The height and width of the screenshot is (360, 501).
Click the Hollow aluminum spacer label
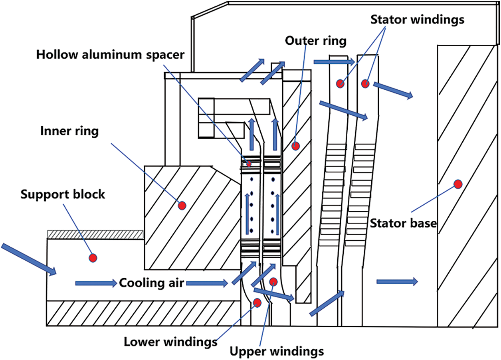(110, 54)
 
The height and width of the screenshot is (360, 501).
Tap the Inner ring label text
(69, 131)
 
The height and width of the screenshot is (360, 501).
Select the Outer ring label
(316, 40)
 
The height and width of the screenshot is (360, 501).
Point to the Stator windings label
(418, 19)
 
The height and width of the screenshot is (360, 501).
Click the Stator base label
(403, 223)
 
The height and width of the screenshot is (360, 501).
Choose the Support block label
(63, 195)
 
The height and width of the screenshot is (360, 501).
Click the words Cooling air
(152, 283)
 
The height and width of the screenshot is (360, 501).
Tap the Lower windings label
(170, 342)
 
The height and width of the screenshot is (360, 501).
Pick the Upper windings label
(277, 352)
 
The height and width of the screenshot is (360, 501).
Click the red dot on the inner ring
(182, 206)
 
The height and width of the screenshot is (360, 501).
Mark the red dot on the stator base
(457, 184)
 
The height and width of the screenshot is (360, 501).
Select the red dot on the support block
(93, 258)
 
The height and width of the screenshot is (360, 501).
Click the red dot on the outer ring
(295, 146)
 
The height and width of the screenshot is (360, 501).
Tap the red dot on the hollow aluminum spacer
(249, 163)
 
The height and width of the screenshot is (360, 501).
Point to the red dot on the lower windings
(257, 304)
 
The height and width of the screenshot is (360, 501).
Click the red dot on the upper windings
(273, 282)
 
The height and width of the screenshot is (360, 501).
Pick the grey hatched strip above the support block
(95, 235)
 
